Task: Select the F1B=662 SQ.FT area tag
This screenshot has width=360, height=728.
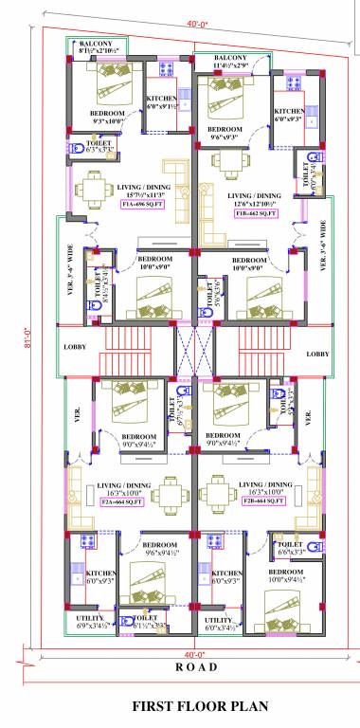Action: point(254,214)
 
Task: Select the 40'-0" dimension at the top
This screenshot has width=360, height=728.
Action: point(197,24)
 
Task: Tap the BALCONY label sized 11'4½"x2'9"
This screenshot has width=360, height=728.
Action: point(230,62)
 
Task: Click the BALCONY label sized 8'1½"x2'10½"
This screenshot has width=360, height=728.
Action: point(99,48)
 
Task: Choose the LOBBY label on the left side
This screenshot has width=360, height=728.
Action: point(75,347)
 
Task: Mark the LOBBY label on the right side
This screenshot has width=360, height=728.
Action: point(317,353)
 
